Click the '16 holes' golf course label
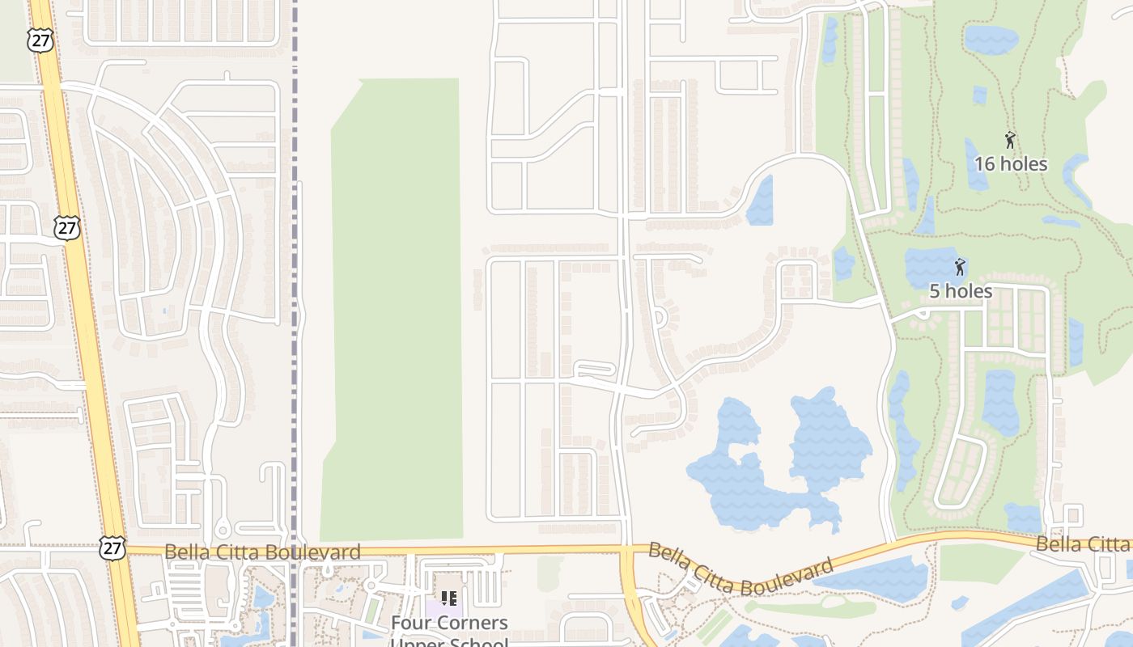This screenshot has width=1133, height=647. pyautogui.click(x=1010, y=164)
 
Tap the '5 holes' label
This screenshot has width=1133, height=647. pyautogui.click(x=961, y=291)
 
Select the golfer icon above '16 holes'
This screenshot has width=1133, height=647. pyautogui.click(x=1010, y=140)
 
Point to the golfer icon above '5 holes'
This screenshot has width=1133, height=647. pyautogui.click(x=960, y=267)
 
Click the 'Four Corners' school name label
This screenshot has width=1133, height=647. pyautogui.click(x=449, y=623)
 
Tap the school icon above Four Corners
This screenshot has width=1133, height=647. pyautogui.click(x=449, y=598)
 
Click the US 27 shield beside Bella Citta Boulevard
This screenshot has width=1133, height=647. pyautogui.click(x=112, y=548)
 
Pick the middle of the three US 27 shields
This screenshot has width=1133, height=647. pyautogui.click(x=67, y=227)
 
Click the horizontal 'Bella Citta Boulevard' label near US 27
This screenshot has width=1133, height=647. pyautogui.click(x=262, y=552)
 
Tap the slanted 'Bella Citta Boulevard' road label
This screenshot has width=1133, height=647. pyautogui.click(x=740, y=570)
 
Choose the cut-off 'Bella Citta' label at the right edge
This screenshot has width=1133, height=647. pyautogui.click(x=1083, y=543)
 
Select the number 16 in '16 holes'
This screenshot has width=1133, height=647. pyautogui.click(x=984, y=164)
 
